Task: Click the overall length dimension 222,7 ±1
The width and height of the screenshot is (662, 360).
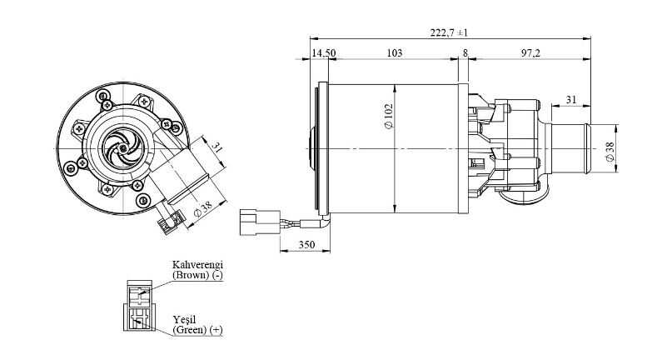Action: click(449, 32)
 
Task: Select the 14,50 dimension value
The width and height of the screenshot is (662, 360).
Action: click(324, 53)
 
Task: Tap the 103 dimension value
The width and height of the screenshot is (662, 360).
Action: click(395, 53)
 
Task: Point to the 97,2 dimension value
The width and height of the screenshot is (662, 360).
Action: click(530, 53)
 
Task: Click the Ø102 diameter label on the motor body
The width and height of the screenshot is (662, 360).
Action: click(389, 116)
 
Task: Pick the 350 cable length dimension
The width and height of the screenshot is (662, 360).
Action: click(306, 245)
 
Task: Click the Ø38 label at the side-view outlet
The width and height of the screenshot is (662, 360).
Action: click(610, 152)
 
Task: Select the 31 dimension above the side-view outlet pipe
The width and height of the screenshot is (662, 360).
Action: click(570, 100)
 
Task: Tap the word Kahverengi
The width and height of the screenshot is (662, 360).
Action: click(197, 265)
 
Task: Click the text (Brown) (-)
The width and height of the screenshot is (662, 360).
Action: click(197, 275)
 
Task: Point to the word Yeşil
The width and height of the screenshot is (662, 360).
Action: click(184, 319)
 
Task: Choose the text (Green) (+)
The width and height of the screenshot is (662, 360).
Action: click(197, 330)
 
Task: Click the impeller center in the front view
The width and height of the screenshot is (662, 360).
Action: click(122, 147)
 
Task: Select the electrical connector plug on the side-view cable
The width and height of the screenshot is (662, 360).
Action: click(259, 222)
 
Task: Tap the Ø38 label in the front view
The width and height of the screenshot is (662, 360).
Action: click(202, 208)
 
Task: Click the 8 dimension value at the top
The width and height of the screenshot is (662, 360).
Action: click(465, 53)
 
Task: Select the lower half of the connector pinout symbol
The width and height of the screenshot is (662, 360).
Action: click(138, 317)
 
